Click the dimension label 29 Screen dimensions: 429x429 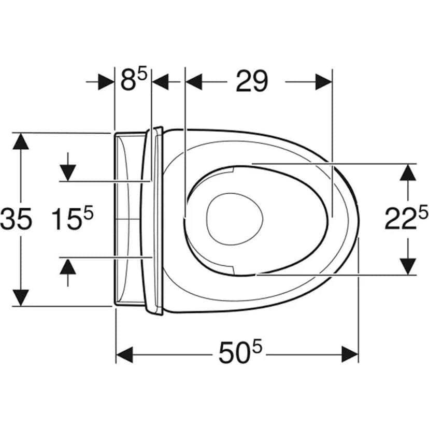[252, 81]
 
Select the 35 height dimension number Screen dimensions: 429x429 [16, 219]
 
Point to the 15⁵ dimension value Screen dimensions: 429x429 [73, 218]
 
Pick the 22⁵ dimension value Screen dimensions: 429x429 [406, 218]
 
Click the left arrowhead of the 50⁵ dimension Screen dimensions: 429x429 [125, 354]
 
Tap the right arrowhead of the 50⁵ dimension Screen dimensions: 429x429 [350, 354]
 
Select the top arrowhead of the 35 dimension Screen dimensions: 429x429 [21, 141]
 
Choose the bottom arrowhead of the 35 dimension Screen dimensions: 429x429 [21, 298]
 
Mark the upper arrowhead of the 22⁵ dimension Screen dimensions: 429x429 [408, 173]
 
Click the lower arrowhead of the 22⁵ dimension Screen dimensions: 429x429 [408, 266]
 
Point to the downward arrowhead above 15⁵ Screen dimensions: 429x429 [68, 173]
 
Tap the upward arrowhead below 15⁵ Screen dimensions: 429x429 [68, 266]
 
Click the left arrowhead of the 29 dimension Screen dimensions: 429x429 [194, 81]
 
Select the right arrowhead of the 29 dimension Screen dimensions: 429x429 [324, 81]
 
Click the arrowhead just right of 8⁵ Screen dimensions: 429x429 [160, 81]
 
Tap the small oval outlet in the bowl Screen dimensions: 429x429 [235, 219]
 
